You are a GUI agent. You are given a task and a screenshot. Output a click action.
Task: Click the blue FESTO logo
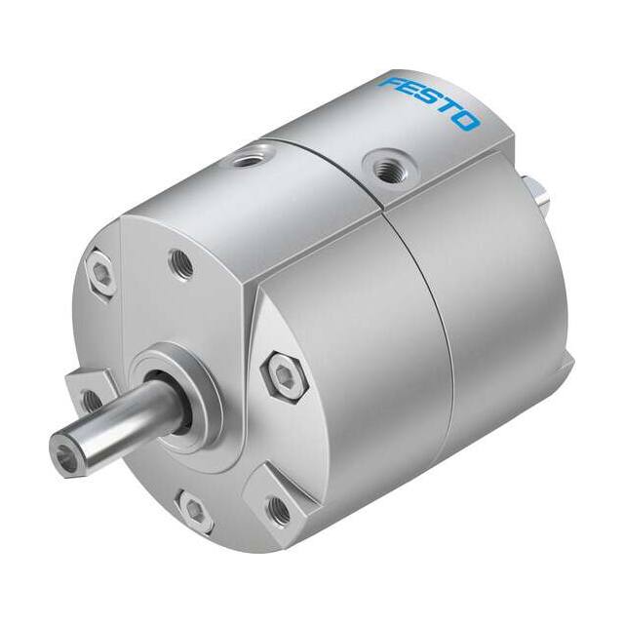(429, 102)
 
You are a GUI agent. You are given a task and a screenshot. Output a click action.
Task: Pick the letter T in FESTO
(448, 110)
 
